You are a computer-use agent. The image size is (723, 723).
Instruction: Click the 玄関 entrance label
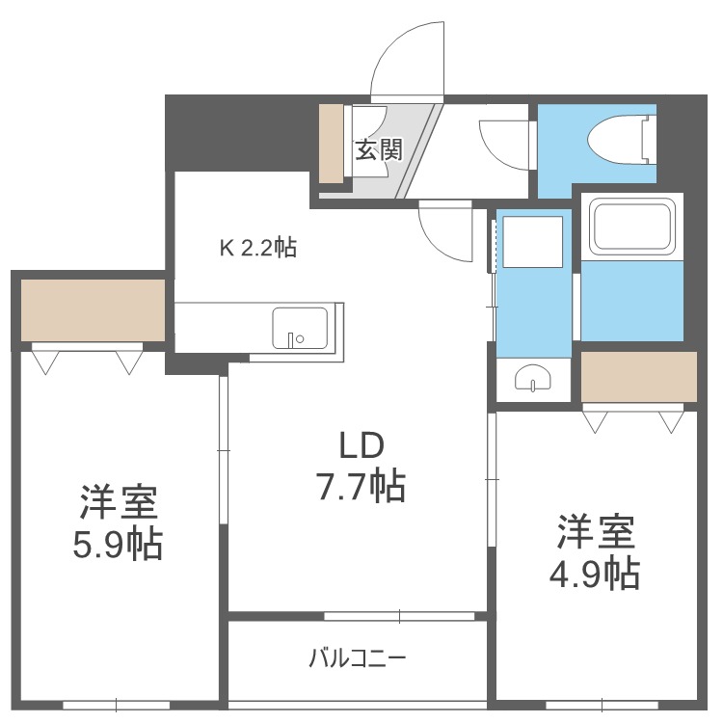pos(379,149)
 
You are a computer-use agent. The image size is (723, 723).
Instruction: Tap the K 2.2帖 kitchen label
pos(258,248)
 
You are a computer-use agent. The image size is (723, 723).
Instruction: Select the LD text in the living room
pos(361,446)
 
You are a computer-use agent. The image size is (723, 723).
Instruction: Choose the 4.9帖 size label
pos(595,574)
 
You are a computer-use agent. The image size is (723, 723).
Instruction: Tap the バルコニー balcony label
pos(358,657)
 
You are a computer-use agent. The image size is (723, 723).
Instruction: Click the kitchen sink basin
pos(300,328)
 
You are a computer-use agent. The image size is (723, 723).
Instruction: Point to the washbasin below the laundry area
pos(533,378)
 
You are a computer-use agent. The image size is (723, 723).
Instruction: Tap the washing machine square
pos(532,242)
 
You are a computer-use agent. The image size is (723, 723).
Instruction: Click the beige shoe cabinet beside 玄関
pos(332,143)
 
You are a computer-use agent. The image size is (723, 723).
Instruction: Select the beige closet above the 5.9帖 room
pos(94,309)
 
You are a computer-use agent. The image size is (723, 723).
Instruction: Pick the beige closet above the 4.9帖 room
pos(638,377)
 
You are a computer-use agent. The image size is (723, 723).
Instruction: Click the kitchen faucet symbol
pos(295,339)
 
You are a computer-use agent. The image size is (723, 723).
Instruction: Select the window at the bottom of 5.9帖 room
pos(117,706)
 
